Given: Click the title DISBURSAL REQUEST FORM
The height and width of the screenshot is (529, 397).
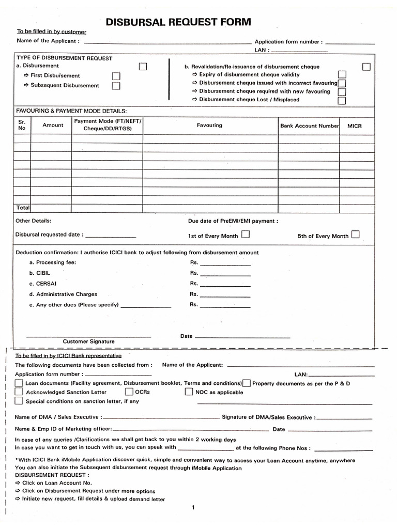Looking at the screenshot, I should point(178,22).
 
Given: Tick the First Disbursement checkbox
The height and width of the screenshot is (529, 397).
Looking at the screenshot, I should point(116,76).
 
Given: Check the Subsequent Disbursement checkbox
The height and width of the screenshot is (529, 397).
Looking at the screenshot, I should point(116,86).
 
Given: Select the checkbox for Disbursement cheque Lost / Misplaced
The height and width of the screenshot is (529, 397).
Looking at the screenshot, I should point(342,100).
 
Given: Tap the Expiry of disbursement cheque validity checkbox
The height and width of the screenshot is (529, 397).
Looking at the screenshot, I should point(342,75).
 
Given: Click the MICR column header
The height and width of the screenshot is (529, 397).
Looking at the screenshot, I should point(355,126).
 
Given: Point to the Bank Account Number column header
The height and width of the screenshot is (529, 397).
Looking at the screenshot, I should point(309,126).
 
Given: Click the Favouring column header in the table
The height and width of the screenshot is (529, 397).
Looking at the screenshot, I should point(209,125).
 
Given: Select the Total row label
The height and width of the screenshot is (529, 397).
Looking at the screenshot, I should point(23,207).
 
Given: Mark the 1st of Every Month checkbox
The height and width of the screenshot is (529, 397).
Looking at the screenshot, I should point(245,235).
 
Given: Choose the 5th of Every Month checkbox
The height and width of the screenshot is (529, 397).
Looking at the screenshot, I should point(355,235).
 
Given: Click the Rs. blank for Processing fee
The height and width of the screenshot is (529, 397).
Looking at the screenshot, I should point(225,263).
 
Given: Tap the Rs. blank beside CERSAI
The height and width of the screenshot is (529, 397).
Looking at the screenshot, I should point(225,284).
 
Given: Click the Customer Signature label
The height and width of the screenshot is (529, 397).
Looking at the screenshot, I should point(88,341).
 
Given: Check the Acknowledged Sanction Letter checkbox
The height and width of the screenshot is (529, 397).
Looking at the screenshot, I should point(19,392).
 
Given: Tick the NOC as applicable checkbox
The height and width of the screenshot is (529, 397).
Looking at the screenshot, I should point(189,392).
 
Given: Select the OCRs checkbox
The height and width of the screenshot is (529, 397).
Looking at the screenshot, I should point(129,392).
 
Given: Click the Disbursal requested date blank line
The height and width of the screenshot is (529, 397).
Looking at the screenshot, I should point(110,235).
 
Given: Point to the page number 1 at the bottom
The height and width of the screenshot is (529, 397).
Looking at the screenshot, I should point(193,507).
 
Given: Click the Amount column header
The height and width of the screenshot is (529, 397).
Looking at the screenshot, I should point(53,125).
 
